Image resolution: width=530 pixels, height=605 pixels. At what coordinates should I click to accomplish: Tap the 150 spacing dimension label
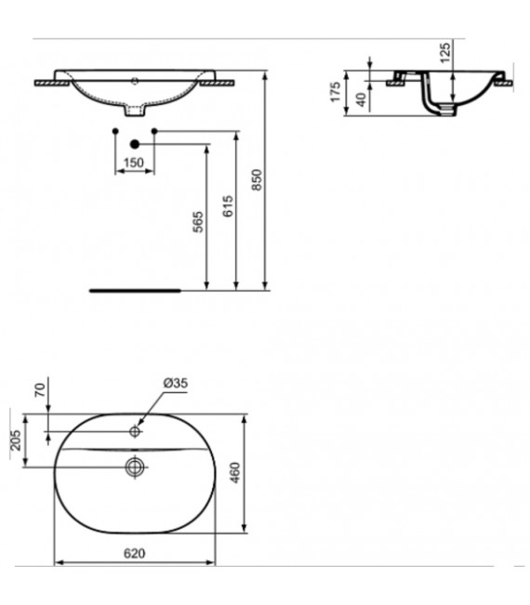(134, 164)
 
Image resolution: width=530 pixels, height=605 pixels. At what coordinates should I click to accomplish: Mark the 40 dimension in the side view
(360, 99)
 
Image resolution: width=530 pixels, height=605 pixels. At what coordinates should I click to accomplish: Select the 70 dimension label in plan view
(39, 390)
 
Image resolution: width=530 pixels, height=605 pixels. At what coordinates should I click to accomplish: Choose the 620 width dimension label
(135, 553)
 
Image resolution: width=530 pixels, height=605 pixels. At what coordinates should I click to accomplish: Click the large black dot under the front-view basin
(135, 144)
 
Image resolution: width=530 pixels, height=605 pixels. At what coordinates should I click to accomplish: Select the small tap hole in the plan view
(135, 431)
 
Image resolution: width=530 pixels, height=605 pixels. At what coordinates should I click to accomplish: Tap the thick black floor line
(134, 290)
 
